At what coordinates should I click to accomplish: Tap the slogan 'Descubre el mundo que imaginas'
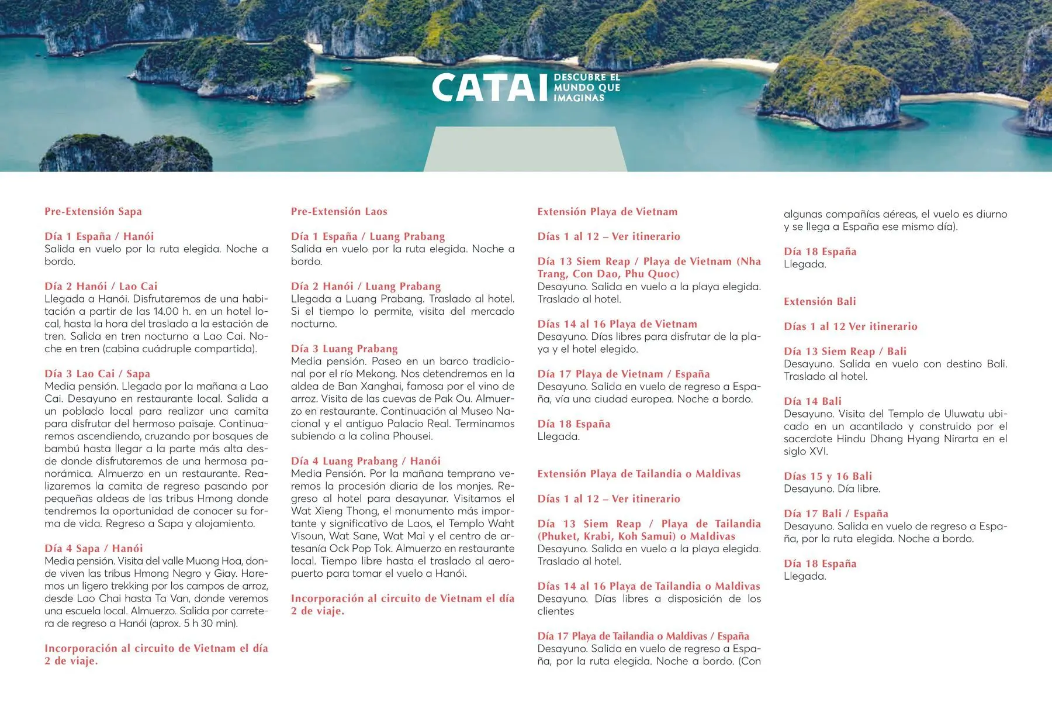(586, 88)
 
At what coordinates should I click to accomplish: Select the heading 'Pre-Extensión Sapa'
(93, 212)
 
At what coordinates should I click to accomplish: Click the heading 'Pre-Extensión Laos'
(339, 212)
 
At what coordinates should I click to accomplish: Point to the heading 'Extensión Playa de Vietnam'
(607, 212)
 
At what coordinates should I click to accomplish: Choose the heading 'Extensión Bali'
(819, 302)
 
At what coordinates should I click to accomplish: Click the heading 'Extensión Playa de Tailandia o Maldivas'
(639, 474)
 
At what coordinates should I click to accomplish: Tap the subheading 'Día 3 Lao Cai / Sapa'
(97, 374)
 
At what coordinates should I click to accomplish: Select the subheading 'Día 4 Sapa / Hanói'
(94, 549)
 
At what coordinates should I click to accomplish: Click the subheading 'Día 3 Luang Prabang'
(344, 349)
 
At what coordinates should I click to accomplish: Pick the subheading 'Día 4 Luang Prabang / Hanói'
(366, 461)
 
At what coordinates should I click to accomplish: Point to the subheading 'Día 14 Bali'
(812, 401)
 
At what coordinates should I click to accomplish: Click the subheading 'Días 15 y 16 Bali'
(828, 476)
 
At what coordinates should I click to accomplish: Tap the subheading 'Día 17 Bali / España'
(836, 514)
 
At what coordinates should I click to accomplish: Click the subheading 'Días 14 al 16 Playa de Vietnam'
(617, 324)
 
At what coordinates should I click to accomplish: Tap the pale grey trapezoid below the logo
(525, 149)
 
